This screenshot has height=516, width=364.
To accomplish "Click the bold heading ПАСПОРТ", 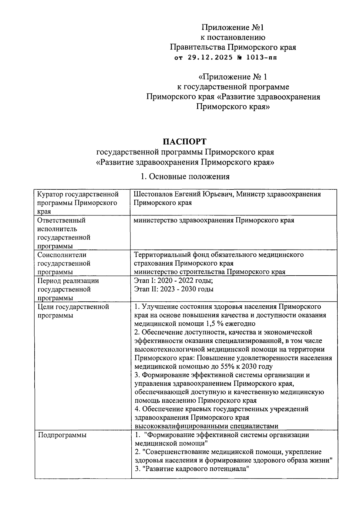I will pos(184,141).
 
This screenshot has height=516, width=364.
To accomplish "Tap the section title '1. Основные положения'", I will pos(184,176).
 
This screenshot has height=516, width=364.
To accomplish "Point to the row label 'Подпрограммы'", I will pos(62,435).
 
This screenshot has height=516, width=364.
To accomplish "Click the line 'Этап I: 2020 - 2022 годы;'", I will pos(174,280).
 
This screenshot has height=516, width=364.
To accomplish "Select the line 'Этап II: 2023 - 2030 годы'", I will pos(174,289).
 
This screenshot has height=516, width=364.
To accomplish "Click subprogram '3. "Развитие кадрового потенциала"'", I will pos(191,469).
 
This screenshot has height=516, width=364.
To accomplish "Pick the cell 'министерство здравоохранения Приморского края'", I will pos(214,220).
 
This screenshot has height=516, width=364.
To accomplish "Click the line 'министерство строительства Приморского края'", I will pos(210,272).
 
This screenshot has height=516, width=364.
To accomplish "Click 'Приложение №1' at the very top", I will pos(233,28).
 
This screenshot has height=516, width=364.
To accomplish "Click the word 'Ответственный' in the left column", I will pos(61,220).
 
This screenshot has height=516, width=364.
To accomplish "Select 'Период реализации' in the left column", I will pos(68,281).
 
